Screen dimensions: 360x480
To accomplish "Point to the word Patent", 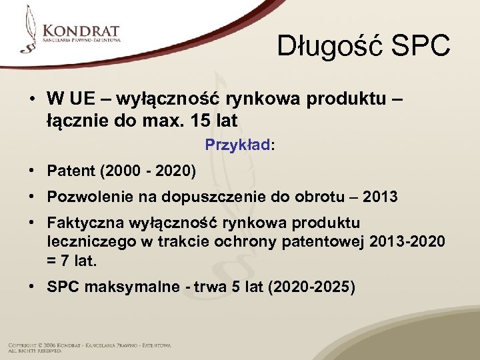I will pyautogui.click(x=70, y=171).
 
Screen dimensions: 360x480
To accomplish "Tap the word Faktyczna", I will pyautogui.click(x=82, y=222).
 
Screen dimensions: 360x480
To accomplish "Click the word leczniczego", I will pyautogui.click(x=87, y=241).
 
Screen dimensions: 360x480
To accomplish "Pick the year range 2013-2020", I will pyautogui.click(x=408, y=241).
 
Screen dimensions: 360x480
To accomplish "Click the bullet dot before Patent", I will pyautogui.click(x=32, y=171).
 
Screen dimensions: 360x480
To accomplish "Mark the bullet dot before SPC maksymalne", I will pyautogui.click(x=32, y=287).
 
